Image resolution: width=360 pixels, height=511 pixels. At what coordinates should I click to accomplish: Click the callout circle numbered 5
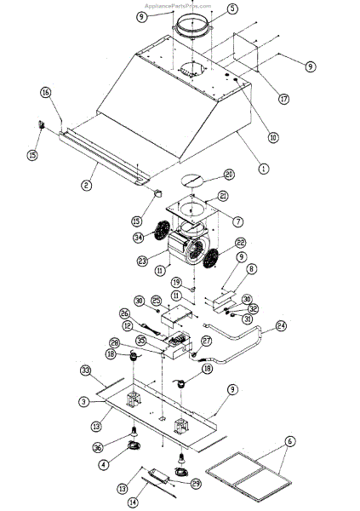(209, 10)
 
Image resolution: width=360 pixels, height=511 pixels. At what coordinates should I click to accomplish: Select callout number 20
(229, 175)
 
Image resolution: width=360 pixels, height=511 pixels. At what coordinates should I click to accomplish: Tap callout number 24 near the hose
(282, 324)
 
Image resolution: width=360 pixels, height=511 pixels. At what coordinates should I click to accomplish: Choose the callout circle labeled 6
(289, 442)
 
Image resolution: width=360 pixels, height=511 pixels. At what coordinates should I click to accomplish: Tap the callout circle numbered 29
(197, 484)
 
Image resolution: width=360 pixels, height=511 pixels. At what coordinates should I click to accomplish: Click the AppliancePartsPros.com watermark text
(180, 4)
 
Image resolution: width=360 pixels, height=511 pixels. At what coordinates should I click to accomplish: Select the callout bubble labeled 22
(240, 243)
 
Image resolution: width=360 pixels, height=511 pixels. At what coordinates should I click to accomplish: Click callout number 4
(103, 464)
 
